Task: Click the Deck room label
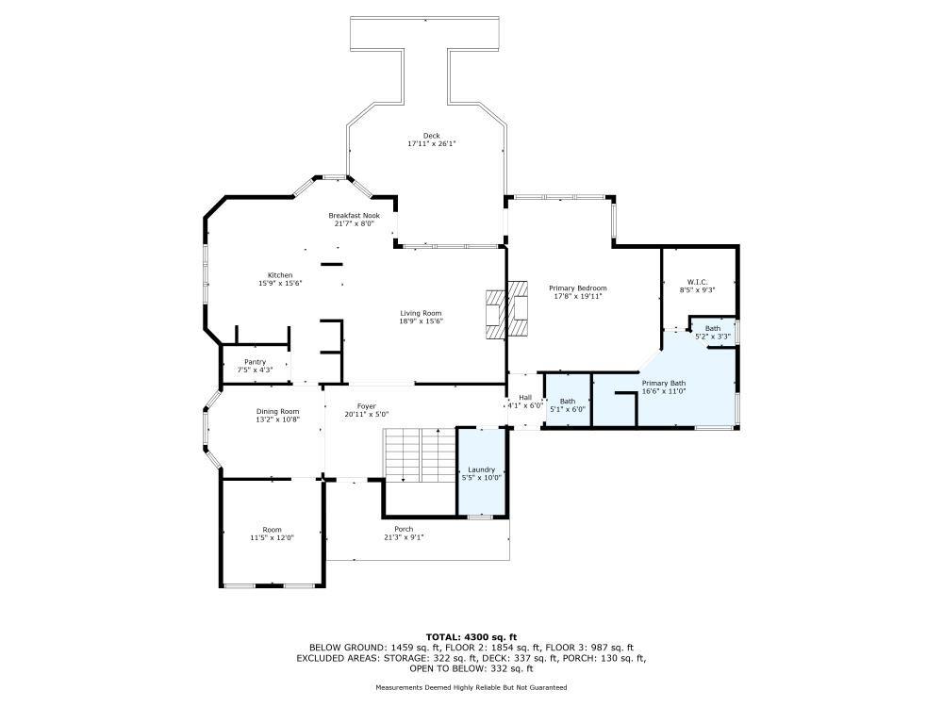[x=431, y=136]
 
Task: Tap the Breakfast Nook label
[x=355, y=216]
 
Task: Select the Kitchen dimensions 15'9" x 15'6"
[x=280, y=283]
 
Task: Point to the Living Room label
[x=421, y=313]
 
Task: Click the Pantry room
[x=255, y=366]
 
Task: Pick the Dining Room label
[x=278, y=412]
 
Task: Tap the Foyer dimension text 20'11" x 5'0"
[x=367, y=414]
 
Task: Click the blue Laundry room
[x=481, y=472]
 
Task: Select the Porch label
[x=404, y=529]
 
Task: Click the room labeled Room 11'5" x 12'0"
[x=272, y=534]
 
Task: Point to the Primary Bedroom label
[x=578, y=288]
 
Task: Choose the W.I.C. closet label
[x=698, y=282]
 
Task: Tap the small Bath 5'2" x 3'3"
[x=713, y=331]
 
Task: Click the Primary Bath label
[x=664, y=383]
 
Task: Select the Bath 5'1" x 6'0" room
[x=568, y=401]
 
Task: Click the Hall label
[x=525, y=398]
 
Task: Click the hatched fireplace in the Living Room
[x=507, y=310]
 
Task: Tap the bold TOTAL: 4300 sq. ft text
[x=471, y=637]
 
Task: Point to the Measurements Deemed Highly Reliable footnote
[x=471, y=687]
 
